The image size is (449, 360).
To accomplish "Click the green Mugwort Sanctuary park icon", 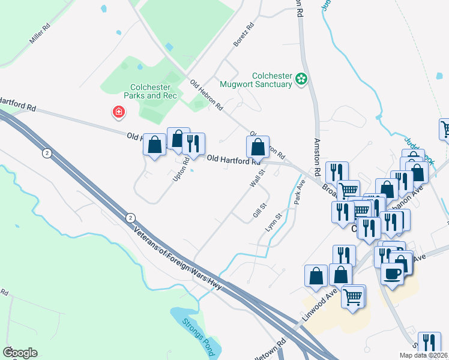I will pos(302,78).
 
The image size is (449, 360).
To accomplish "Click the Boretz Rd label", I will pos(244,35).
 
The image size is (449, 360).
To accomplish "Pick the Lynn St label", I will pos(274,223).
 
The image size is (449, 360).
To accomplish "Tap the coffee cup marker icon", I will pos(392,274).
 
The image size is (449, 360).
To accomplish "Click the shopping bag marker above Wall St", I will pos(258,146).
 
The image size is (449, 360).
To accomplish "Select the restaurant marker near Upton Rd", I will pos(193,143).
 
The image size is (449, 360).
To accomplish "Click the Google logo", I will pos(20,353).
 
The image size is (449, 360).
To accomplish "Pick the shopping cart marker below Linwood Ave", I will pos(353,296).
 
